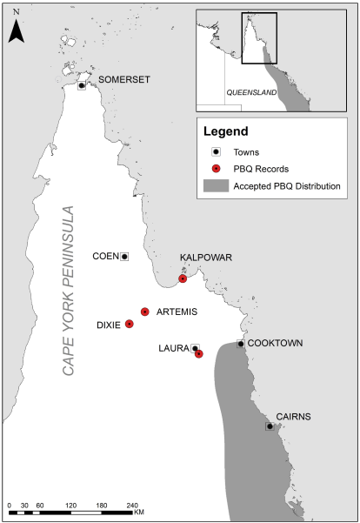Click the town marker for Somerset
click(x=82, y=85)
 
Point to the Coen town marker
click(x=124, y=256)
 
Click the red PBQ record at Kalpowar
click(x=183, y=278)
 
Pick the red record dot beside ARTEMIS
click(x=145, y=312)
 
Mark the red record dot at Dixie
click(x=130, y=324)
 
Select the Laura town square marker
click(x=195, y=348)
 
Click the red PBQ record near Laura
click(x=199, y=353)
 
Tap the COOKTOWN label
click(x=275, y=343)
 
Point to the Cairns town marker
click(x=270, y=426)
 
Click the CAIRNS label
click(x=293, y=417)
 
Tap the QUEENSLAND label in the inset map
click(x=250, y=91)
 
